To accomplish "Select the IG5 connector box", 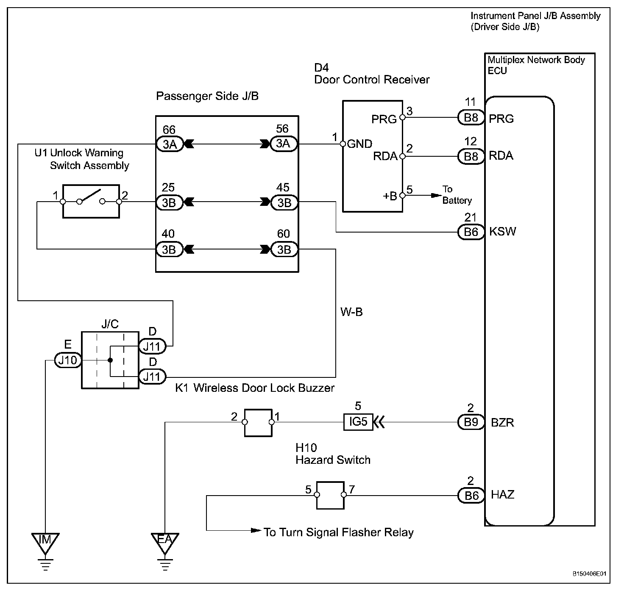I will (358, 422).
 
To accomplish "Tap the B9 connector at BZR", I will (471, 422).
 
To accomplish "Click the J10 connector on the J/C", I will (67, 360).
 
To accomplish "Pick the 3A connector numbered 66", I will (170, 144).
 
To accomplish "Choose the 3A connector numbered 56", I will (284, 144).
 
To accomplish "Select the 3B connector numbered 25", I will (169, 202).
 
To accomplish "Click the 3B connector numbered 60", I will (284, 249).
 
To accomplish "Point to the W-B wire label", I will (351, 313).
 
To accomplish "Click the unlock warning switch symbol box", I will (91, 202).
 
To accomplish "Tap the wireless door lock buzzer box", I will (258, 422).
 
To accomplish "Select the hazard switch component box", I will (330, 495).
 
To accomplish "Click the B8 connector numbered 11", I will (471, 117).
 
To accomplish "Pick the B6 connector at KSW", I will (471, 232).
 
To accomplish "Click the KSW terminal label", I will (503, 232).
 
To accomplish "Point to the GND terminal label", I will (359, 144).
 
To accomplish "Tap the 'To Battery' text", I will (457, 195).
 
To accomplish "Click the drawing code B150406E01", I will (589, 574).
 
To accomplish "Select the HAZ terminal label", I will (503, 495).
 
